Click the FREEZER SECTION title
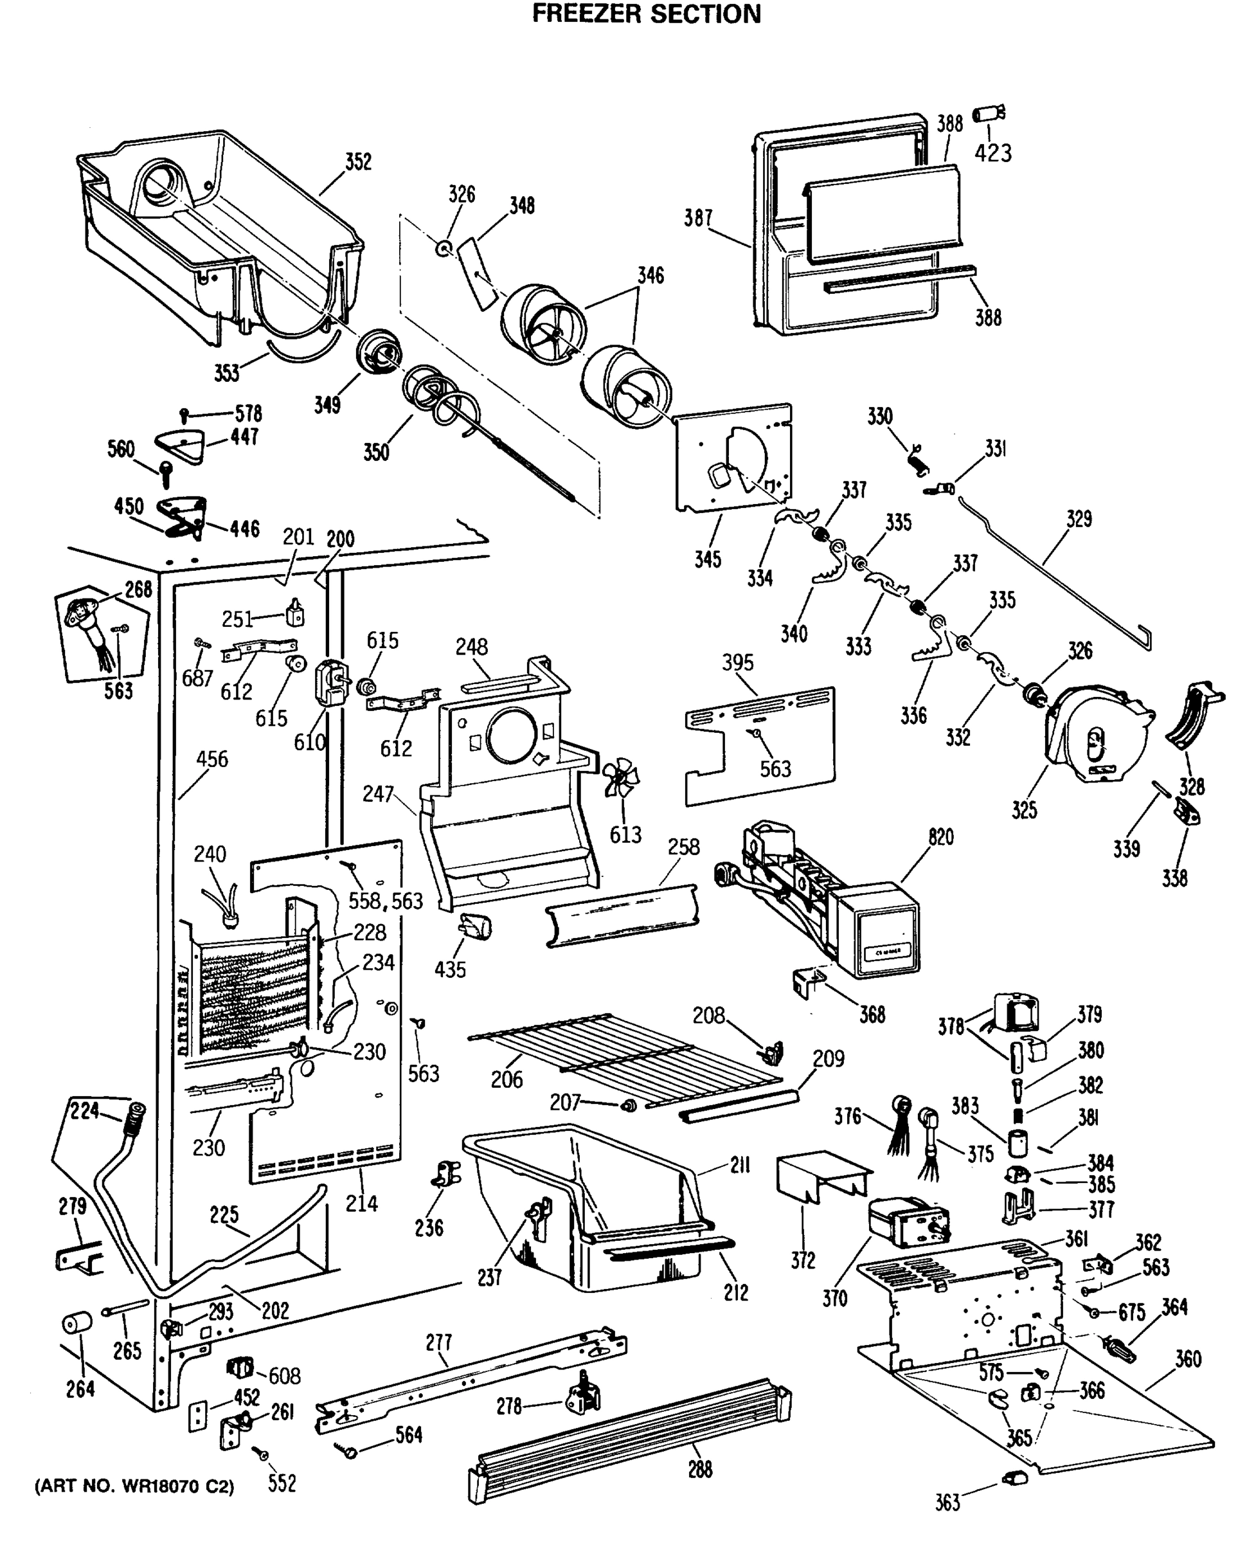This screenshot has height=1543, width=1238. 646,14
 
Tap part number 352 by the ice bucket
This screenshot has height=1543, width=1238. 359,162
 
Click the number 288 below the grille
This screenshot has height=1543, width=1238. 700,1469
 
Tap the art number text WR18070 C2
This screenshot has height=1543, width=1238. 134,1486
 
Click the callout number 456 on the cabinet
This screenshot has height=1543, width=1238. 212,759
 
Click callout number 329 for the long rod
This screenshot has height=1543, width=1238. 1079,519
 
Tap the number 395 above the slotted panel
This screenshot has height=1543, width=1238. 737,662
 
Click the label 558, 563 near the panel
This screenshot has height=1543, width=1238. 386,901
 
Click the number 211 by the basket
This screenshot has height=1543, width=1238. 739,1166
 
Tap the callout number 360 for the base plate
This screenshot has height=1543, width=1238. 1188,1359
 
